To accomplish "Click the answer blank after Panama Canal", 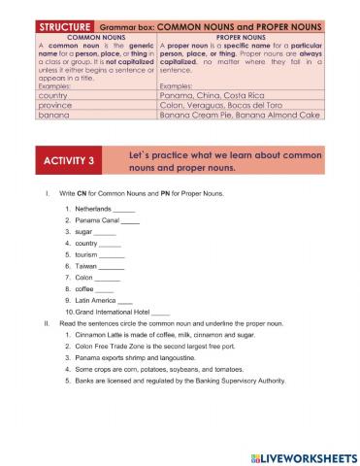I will click(130, 223).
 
